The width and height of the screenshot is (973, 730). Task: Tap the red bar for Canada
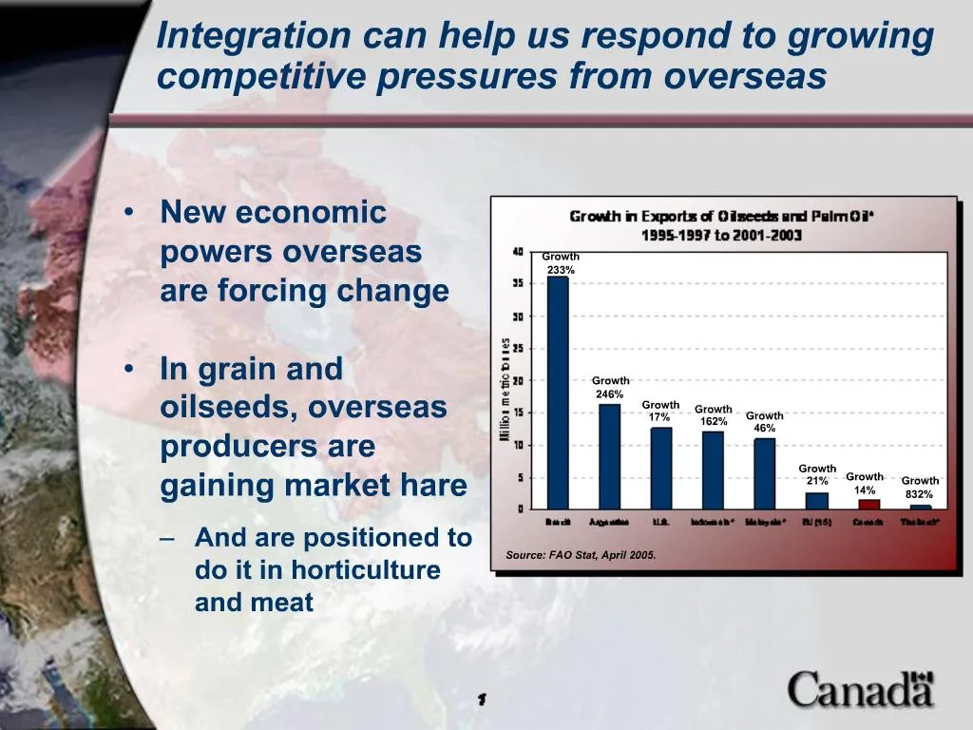click(868, 504)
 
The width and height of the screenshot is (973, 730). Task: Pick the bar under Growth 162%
click(713, 470)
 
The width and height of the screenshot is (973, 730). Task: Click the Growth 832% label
click(920, 488)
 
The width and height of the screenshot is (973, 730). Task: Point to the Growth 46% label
click(765, 422)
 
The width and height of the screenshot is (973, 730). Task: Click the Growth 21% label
click(817, 474)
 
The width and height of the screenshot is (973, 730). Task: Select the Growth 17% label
click(660, 411)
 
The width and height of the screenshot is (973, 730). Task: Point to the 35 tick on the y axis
click(518, 283)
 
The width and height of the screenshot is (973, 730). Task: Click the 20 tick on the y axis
click(518, 380)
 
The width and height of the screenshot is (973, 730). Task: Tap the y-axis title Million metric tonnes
click(506, 390)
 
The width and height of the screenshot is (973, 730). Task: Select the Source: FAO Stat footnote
click(581, 554)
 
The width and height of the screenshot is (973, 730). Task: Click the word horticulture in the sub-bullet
click(366, 570)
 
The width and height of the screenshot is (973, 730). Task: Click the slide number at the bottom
click(482, 700)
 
